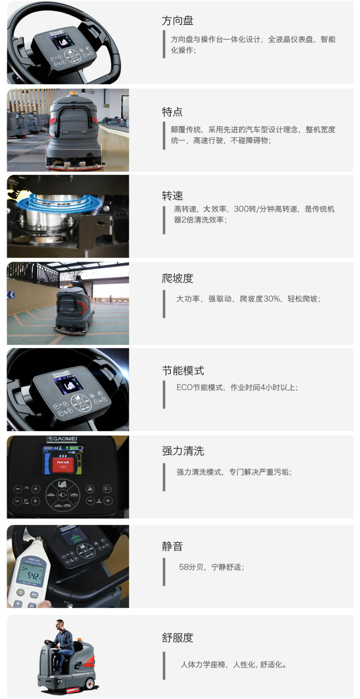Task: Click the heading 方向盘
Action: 177,21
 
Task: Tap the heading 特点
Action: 172,112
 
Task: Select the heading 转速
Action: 172,196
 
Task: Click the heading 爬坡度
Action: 177,278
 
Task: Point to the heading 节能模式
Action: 183,370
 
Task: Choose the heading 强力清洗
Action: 183,450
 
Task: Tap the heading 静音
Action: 172,546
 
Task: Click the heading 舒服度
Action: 177,637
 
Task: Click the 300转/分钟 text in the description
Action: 254,209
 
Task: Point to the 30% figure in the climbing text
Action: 272,299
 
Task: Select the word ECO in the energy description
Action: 184,387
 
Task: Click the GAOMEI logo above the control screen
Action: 62,439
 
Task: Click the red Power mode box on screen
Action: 63,465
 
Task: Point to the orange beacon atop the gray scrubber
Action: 73,93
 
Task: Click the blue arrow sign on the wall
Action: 11,294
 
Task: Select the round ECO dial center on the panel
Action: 63,495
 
